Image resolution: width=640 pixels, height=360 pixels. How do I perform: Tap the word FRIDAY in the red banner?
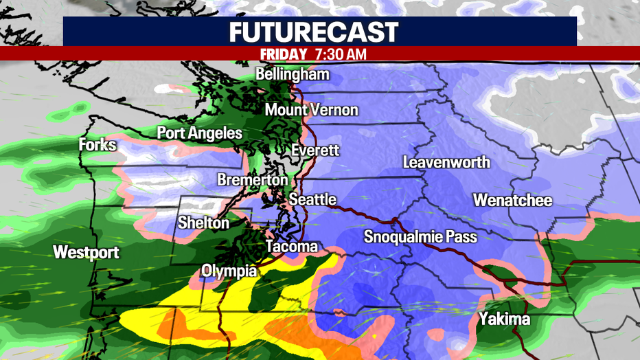[x=284, y=54]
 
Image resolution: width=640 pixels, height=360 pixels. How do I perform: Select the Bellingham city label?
[x=293, y=74]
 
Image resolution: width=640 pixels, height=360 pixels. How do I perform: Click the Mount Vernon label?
[x=311, y=110]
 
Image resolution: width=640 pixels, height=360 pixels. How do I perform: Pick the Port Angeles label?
[x=199, y=133]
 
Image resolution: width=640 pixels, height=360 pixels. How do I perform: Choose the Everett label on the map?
[x=315, y=150]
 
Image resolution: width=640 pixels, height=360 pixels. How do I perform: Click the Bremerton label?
[x=253, y=180]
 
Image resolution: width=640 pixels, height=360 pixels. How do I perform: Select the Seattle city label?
[x=312, y=200]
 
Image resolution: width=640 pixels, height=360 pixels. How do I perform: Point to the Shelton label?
[x=203, y=223]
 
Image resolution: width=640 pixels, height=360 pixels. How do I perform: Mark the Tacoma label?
[x=293, y=247]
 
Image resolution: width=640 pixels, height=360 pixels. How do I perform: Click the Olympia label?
[x=229, y=271]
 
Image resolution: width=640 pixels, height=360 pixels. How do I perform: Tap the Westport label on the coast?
[x=86, y=252]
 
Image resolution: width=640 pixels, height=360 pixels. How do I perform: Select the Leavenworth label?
[x=446, y=163]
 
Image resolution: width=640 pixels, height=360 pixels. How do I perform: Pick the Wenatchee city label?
[x=512, y=201]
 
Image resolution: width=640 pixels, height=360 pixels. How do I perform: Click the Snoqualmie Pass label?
[x=420, y=237]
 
